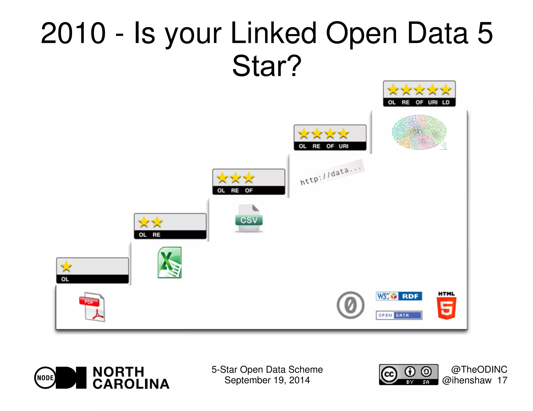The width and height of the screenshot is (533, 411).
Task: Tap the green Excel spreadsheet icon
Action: (x=169, y=262)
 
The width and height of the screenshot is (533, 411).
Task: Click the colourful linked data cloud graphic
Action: (x=419, y=132)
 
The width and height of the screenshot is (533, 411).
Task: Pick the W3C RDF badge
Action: (x=399, y=296)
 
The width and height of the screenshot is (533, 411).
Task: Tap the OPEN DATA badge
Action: (x=399, y=315)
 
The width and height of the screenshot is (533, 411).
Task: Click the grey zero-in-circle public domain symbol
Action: (x=350, y=305)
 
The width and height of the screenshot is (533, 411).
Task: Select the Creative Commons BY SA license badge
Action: (x=409, y=374)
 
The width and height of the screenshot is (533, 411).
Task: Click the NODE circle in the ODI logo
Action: (x=46, y=377)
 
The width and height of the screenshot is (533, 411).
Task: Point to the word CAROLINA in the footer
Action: (x=131, y=384)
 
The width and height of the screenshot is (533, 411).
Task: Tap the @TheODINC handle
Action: (x=479, y=369)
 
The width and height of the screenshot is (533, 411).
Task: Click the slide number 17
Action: (x=502, y=380)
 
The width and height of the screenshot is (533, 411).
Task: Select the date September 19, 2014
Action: (x=267, y=380)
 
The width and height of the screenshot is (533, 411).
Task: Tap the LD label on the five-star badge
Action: (x=446, y=102)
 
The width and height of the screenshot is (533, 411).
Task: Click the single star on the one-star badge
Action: (x=66, y=266)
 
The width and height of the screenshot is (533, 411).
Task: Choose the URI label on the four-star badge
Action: (x=344, y=146)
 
